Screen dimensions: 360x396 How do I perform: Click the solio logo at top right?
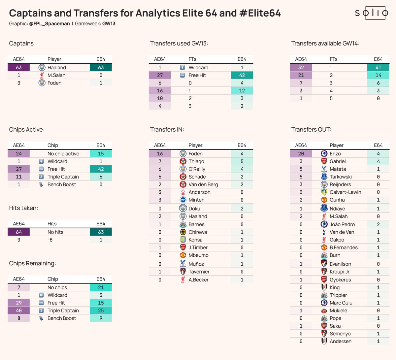coord(372,13)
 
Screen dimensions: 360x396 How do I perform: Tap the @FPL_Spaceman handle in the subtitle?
coord(49,24)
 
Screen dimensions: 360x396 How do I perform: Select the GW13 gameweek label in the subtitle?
coord(109,24)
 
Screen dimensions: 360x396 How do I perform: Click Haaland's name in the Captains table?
coord(57,68)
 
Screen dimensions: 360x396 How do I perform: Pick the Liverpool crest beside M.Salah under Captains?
coord(42,75)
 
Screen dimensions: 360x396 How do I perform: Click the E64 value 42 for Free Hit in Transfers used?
coord(242,75)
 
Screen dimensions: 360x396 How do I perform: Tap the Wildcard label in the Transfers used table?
coord(198,68)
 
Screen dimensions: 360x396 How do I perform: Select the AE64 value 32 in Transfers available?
coord(301,68)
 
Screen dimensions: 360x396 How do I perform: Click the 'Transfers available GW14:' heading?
coord(325,44)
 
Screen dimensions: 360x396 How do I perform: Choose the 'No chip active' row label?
coord(63,154)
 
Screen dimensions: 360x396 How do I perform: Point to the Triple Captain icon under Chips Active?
coord(41,177)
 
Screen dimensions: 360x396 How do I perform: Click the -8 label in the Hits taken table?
coord(50,240)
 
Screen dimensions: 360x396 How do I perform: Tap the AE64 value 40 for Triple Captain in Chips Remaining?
coord(19,311)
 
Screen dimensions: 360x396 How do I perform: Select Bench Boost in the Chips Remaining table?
coord(62,318)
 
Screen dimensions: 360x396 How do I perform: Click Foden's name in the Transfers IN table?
coord(195,154)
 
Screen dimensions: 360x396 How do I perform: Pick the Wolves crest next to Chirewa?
coord(183,232)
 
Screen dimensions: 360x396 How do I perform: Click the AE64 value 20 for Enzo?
coord(301,154)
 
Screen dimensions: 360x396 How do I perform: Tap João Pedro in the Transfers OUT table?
coord(342,224)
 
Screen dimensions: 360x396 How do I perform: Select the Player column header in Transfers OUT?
coord(336,145)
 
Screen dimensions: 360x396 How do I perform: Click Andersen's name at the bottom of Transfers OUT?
coord(340,342)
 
